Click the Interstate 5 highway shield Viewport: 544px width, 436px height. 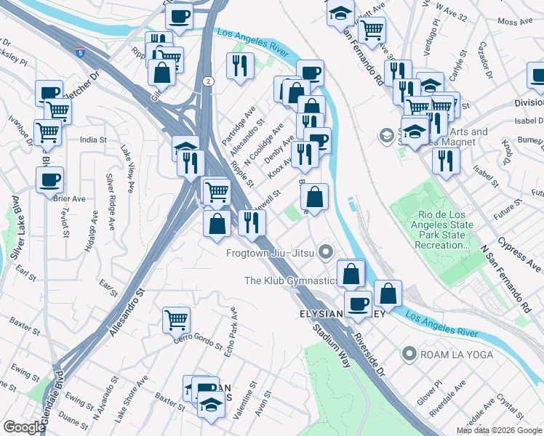79,52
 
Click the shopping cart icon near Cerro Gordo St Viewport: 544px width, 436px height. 176,318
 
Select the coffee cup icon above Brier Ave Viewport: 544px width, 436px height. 49,179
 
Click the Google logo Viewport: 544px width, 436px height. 25,427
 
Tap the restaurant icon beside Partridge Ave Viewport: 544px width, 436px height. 240,65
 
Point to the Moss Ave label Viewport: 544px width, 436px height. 512,22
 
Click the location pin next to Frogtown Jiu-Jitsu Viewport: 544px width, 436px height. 326,253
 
